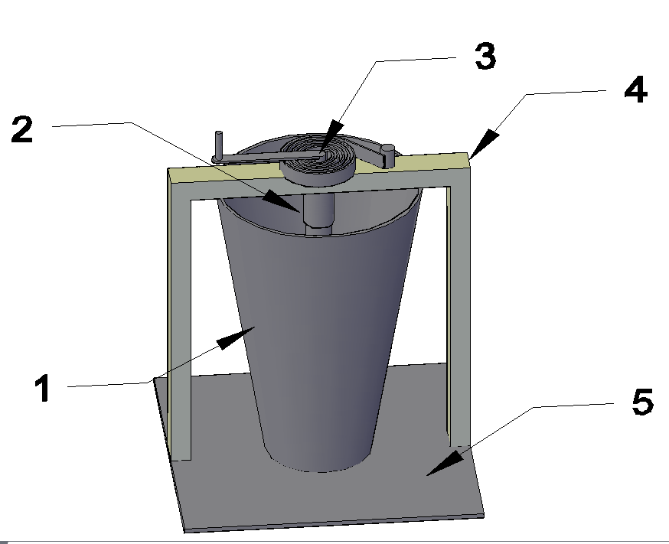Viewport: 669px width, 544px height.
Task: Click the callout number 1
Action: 44,388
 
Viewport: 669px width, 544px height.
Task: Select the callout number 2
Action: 22,129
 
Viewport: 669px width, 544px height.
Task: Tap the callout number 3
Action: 485,57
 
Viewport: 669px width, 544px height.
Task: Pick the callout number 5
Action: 642,402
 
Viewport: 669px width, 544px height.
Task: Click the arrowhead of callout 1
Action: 236,337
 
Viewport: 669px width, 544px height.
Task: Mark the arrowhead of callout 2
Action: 282,202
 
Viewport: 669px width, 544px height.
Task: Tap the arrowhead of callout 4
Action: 485,144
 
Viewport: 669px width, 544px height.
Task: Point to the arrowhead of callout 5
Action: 445,464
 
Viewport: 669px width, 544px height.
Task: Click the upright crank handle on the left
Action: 218,145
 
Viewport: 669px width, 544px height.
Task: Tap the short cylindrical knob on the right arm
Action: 388,156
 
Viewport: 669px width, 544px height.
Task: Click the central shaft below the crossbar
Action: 318,210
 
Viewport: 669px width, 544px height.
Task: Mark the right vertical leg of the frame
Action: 459,315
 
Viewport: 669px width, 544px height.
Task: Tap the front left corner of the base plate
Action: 184,532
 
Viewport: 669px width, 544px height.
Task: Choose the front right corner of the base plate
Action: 485,515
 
